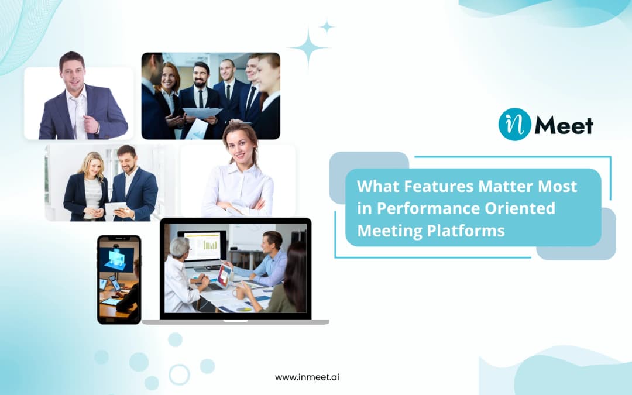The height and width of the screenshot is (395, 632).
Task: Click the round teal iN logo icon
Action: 514,124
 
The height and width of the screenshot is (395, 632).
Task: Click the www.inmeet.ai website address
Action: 307,377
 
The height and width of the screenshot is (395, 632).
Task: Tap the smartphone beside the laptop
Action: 119,279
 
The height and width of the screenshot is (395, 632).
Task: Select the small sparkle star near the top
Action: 327,26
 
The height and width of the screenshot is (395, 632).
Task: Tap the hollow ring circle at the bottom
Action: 179,374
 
